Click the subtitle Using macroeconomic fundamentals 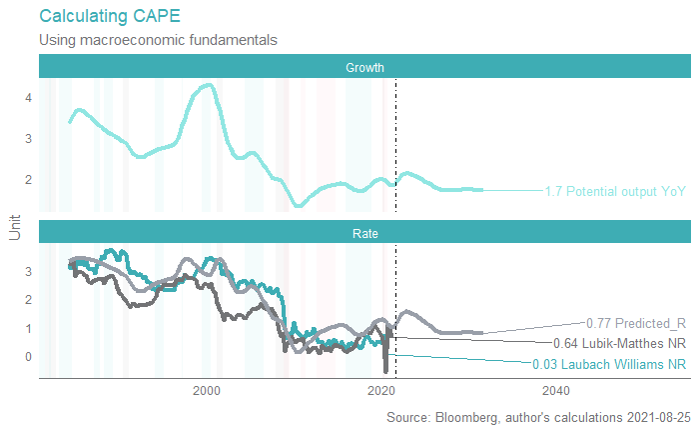click(x=158, y=40)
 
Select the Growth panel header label click(x=364, y=67)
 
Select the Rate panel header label click(x=364, y=233)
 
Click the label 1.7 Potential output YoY click(x=615, y=191)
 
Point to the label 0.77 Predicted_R click(x=636, y=323)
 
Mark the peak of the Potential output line click(x=208, y=86)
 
